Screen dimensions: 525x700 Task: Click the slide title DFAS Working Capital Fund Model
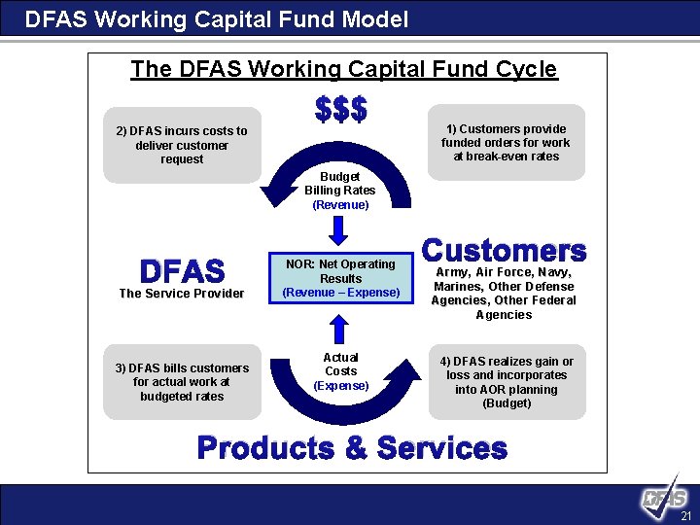click(x=217, y=19)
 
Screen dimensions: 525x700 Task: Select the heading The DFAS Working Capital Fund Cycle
click(x=344, y=69)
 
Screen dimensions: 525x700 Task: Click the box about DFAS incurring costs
click(x=182, y=145)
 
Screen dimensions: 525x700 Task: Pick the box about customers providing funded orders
click(x=506, y=142)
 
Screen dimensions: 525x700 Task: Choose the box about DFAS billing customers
click(x=182, y=382)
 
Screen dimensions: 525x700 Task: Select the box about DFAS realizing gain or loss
click(x=507, y=382)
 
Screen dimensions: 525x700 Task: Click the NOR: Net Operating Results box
click(x=340, y=278)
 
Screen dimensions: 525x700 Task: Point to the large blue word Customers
click(x=506, y=251)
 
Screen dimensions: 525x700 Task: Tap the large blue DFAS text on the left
click(x=182, y=269)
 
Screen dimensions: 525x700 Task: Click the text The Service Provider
click(x=182, y=294)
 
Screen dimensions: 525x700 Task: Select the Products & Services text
click(x=352, y=448)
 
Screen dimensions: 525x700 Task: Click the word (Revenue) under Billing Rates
click(x=340, y=205)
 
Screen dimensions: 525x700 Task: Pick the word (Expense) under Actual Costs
click(x=340, y=386)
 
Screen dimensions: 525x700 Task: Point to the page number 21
click(x=685, y=515)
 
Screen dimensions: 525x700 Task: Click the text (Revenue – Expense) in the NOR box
click(x=340, y=293)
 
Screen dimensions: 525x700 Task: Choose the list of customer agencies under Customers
click(x=505, y=294)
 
